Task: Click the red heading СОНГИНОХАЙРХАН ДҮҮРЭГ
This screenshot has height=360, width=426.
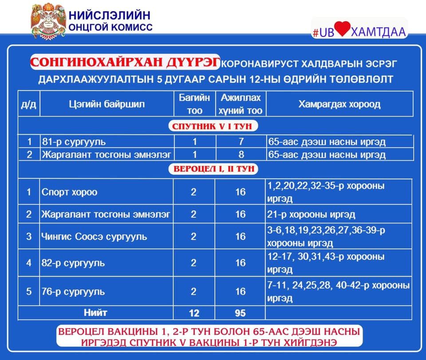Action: (125, 63)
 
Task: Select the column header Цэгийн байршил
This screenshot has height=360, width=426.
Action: (107, 104)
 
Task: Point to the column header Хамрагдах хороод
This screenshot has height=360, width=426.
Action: (339, 104)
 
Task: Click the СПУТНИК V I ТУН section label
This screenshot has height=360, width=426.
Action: (212, 126)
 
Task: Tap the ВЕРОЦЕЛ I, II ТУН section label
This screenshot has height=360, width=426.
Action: (212, 169)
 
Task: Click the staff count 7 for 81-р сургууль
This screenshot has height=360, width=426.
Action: (240, 142)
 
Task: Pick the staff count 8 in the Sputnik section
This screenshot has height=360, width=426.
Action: (240, 155)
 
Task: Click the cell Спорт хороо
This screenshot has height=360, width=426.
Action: (69, 192)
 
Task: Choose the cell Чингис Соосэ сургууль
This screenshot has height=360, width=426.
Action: (94, 236)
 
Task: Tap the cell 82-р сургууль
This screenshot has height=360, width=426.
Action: (73, 263)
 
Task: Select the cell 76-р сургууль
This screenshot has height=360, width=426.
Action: (73, 292)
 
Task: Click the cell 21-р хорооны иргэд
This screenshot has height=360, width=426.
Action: (311, 214)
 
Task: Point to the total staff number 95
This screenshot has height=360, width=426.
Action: (240, 313)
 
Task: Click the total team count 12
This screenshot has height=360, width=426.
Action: (193, 313)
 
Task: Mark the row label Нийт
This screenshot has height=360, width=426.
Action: (95, 313)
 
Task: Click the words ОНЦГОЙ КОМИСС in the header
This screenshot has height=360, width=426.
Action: (110, 27)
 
